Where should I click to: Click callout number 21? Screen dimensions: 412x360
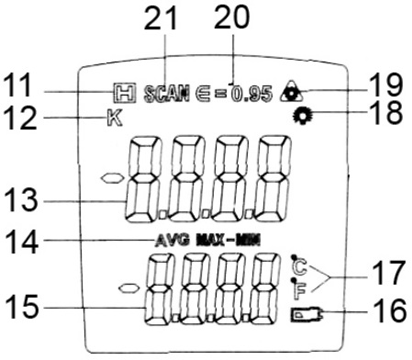tap(161, 18)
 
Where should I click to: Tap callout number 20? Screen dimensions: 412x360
tap(231, 17)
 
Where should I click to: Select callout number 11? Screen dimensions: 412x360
tap(17, 85)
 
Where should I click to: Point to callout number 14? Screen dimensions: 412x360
tap(22, 242)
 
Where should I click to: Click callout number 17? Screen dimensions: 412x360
tap(388, 273)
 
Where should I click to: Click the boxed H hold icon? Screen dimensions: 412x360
tap(124, 93)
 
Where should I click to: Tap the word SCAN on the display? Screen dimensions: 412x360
tap(166, 94)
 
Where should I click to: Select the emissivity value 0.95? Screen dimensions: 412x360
tap(251, 94)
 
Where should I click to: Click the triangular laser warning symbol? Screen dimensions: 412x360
tap(291, 92)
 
